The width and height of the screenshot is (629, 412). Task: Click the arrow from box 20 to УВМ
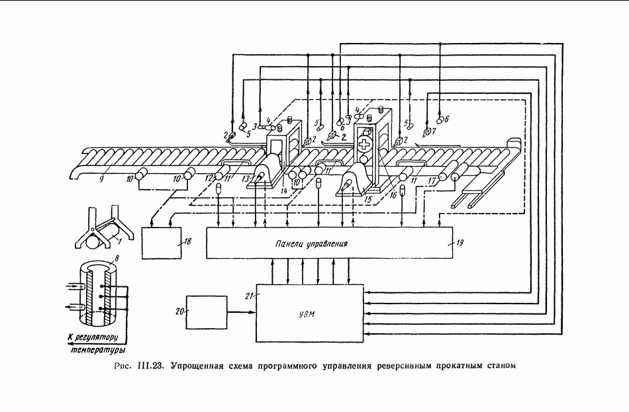tap(239, 311)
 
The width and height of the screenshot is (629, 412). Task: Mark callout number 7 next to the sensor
tap(434, 132)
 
